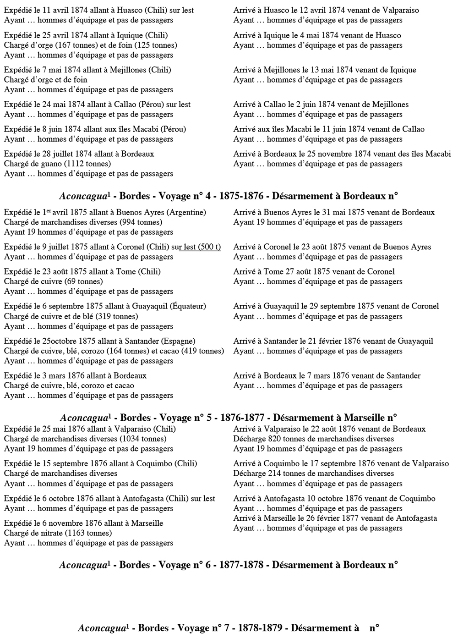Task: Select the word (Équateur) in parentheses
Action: (187, 306)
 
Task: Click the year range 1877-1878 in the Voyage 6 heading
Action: (241, 565)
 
